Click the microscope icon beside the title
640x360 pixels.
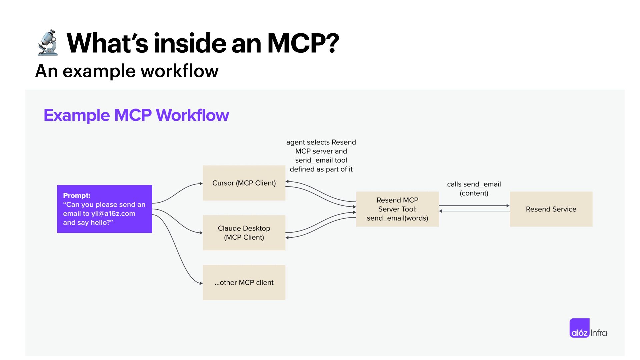click(48, 42)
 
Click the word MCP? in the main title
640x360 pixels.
click(303, 43)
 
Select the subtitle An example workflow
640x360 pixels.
click(127, 71)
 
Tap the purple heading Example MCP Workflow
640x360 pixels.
click(136, 115)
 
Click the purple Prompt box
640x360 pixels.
click(104, 209)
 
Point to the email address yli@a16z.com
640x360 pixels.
click(113, 214)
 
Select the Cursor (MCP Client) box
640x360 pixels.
click(244, 183)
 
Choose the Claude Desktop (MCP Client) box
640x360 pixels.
click(244, 233)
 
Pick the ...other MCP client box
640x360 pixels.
click(244, 282)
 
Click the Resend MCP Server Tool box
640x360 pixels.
click(397, 209)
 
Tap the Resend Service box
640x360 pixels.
click(551, 209)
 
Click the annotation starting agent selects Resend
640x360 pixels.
click(321, 156)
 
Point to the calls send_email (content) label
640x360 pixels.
click(474, 189)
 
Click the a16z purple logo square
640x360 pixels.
click(579, 328)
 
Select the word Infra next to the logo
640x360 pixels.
click(599, 333)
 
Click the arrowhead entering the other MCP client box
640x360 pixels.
click(201, 283)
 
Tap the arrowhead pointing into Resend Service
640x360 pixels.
click(508, 206)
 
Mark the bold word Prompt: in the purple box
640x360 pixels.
click(77, 196)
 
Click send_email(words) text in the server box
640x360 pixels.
click(397, 218)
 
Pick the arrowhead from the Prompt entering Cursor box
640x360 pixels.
click(201, 183)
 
